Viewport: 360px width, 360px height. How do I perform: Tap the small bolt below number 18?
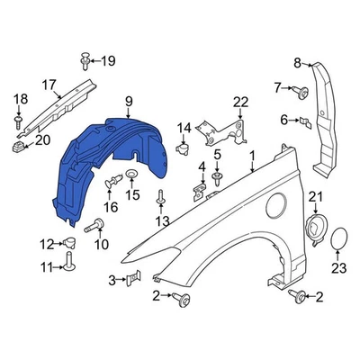tap(19, 120)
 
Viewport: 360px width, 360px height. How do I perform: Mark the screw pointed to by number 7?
tap(296, 89)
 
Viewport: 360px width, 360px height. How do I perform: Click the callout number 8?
tap(298, 62)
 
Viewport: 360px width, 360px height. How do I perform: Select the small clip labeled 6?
tap(302, 120)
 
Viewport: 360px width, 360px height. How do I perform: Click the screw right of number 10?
tap(92, 229)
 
